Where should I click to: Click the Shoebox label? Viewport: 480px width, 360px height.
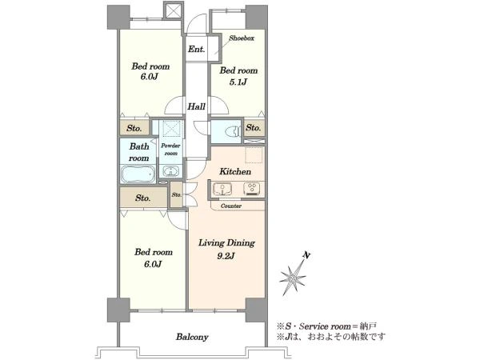pyautogui.click(x=242, y=38)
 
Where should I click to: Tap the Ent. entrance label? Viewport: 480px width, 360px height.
pyautogui.click(x=196, y=49)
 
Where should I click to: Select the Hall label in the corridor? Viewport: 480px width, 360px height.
pyautogui.click(x=196, y=107)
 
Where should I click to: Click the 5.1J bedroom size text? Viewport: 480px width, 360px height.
pyautogui.click(x=238, y=82)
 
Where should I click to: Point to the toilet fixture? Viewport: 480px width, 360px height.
pyautogui.click(x=232, y=132)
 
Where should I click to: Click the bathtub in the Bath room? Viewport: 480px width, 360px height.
pyautogui.click(x=138, y=174)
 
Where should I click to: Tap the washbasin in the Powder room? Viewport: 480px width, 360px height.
pyautogui.click(x=171, y=171)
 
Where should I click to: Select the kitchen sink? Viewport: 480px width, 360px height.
pyautogui.click(x=223, y=189)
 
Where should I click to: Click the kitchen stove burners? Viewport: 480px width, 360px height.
pyautogui.click(x=252, y=188)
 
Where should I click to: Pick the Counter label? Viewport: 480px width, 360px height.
pyautogui.click(x=231, y=206)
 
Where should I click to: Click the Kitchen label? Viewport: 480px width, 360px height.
pyautogui.click(x=235, y=171)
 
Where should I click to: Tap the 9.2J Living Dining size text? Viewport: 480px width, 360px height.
pyautogui.click(x=226, y=256)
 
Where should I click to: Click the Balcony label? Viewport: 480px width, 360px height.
pyautogui.click(x=192, y=337)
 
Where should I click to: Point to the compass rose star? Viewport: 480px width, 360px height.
pyautogui.click(x=293, y=278)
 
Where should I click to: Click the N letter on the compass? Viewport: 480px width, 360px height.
pyautogui.click(x=306, y=254)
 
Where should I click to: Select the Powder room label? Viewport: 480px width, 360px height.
pyautogui.click(x=171, y=150)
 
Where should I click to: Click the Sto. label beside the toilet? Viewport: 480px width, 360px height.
pyautogui.click(x=253, y=127)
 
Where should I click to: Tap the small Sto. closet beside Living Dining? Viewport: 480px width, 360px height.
pyautogui.click(x=177, y=194)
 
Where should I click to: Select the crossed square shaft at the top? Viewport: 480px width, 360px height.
pyautogui.click(x=174, y=12)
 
